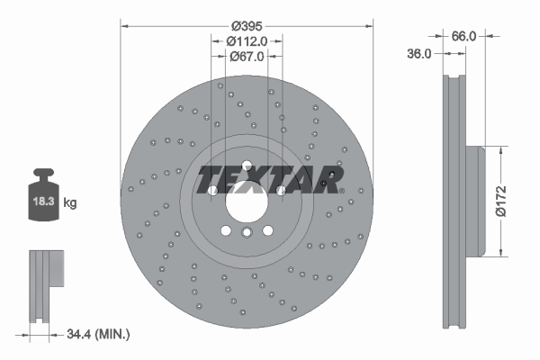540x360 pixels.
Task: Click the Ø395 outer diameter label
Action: click(247, 26)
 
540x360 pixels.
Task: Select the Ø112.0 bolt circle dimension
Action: click(247, 41)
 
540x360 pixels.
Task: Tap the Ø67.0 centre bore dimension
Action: click(247, 56)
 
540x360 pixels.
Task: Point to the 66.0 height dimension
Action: click(463, 36)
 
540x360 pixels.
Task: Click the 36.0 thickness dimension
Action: click(419, 54)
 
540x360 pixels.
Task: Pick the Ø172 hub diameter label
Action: click(501, 201)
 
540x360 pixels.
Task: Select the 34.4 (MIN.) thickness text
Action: click(98, 334)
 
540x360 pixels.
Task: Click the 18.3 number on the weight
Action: click(44, 202)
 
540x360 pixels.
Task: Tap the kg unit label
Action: click(70, 202)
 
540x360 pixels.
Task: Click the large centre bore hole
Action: click(247, 202)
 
